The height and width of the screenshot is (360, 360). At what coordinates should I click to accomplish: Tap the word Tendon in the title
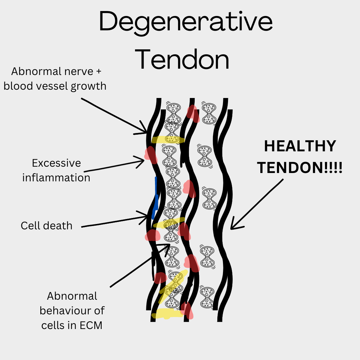point(183,59)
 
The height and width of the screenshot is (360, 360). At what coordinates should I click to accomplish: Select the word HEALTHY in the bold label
point(300,147)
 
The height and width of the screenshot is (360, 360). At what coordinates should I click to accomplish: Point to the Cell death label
point(46,226)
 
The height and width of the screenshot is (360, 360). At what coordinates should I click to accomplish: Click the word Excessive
point(56,163)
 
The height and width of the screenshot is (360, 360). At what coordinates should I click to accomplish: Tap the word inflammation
point(56,178)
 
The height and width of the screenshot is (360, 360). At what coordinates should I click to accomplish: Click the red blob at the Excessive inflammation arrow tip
point(151,155)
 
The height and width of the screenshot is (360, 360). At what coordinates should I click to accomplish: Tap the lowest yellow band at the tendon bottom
point(167,313)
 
